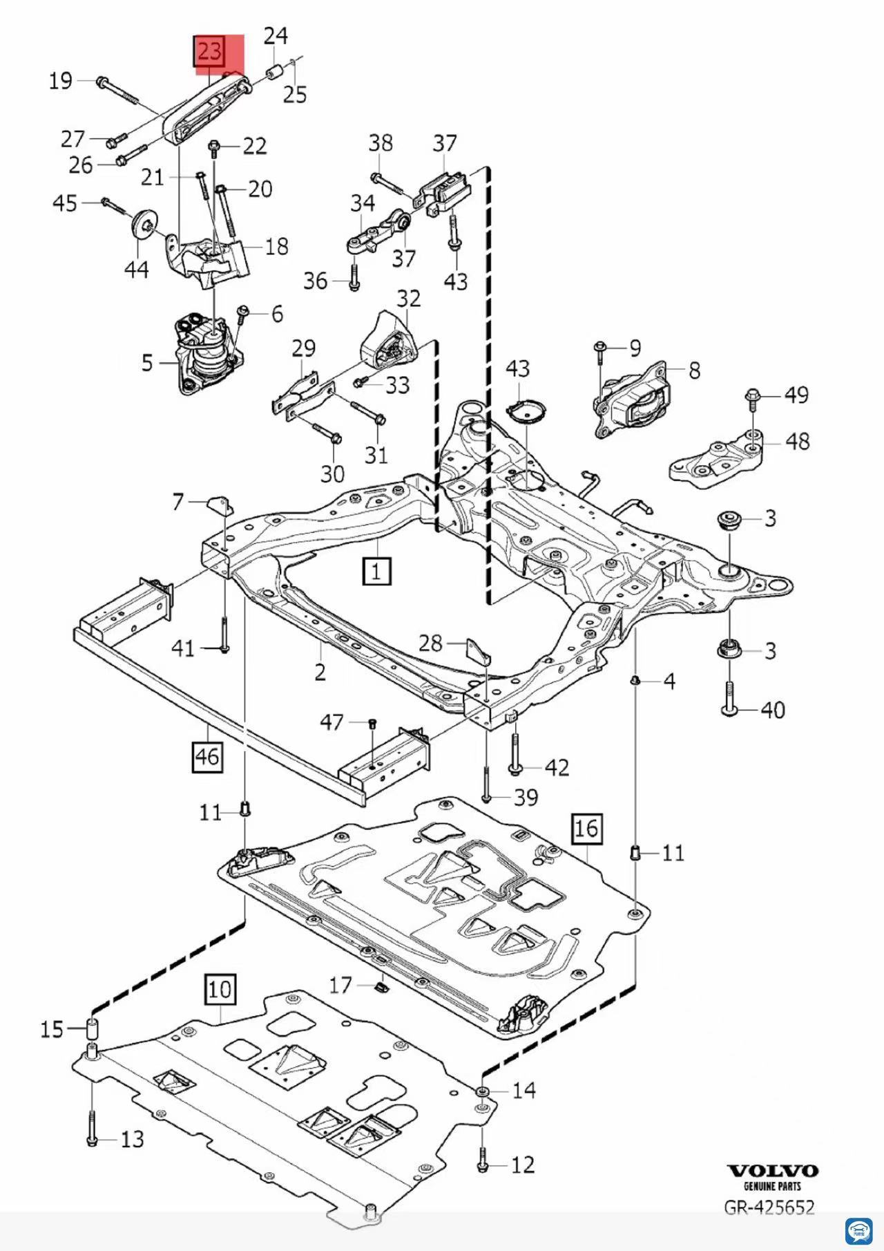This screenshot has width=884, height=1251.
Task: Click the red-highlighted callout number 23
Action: click(x=210, y=52)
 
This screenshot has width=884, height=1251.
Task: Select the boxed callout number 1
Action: click(x=377, y=571)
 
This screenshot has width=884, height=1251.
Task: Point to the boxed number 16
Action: click(x=586, y=827)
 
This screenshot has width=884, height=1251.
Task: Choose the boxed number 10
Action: click(x=220, y=989)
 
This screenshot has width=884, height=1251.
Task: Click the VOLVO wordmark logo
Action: click(x=773, y=1171)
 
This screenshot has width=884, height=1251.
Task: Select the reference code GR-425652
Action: click(x=769, y=1207)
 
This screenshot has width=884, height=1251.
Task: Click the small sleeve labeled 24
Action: click(x=275, y=71)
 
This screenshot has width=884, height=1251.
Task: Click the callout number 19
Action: click(x=61, y=81)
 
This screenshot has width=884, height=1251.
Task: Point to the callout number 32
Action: click(x=408, y=299)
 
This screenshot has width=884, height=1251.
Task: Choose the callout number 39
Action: click(x=526, y=798)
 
